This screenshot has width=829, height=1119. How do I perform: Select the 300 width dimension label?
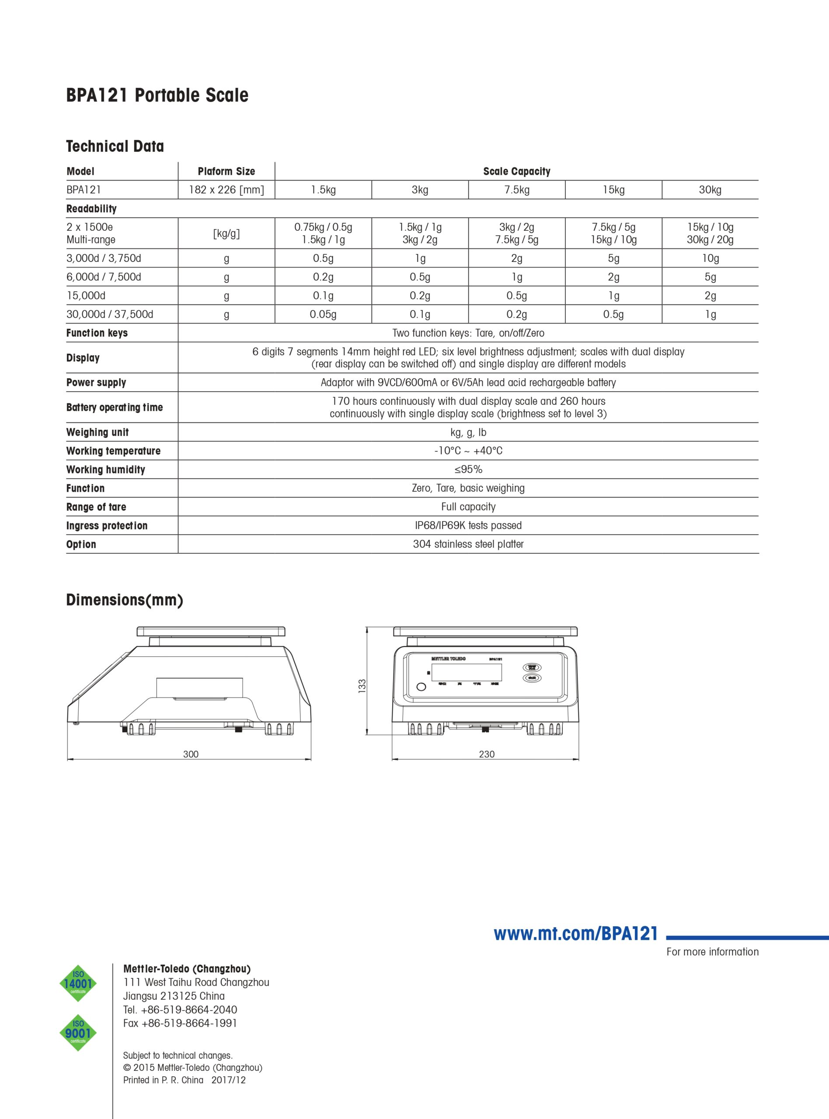pos(191,754)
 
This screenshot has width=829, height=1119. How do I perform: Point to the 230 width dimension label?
pos(486,754)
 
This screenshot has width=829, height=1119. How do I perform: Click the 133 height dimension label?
pos(362,686)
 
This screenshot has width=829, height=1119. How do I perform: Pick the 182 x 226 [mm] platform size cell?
pos(226,190)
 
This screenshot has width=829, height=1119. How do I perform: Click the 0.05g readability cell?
pos(323,314)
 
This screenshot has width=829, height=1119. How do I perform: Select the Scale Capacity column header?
pos(516,171)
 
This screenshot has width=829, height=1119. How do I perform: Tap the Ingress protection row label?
pos(107,526)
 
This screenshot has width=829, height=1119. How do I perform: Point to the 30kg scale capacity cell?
pos(710,190)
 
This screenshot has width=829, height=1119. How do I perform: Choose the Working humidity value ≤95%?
pos(468,469)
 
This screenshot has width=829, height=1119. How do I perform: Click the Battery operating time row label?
pos(115,407)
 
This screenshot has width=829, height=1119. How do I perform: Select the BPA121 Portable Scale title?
pos(157,95)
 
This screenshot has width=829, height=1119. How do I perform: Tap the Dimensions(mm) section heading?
pos(125,600)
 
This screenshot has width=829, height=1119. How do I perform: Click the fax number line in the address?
pos(180,1023)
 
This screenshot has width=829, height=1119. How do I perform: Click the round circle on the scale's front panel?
pos(421,687)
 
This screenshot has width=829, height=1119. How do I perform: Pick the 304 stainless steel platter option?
pos(468,544)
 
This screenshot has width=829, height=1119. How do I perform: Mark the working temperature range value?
pos(468,451)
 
